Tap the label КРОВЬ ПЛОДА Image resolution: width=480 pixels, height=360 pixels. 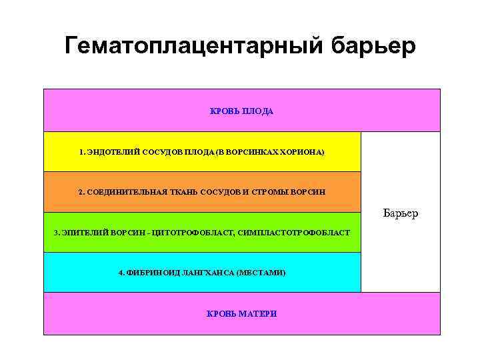pyautogui.click(x=241, y=111)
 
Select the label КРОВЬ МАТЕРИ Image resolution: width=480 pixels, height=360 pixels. pyautogui.click(x=241, y=313)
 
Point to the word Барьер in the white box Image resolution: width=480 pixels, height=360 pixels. pyautogui.click(x=401, y=213)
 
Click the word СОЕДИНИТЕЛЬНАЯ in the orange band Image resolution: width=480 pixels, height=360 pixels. pyautogui.click(x=123, y=192)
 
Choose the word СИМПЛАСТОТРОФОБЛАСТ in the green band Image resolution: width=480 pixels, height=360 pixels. pyautogui.click(x=294, y=233)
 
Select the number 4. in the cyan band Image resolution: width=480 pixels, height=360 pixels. pyautogui.click(x=121, y=273)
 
